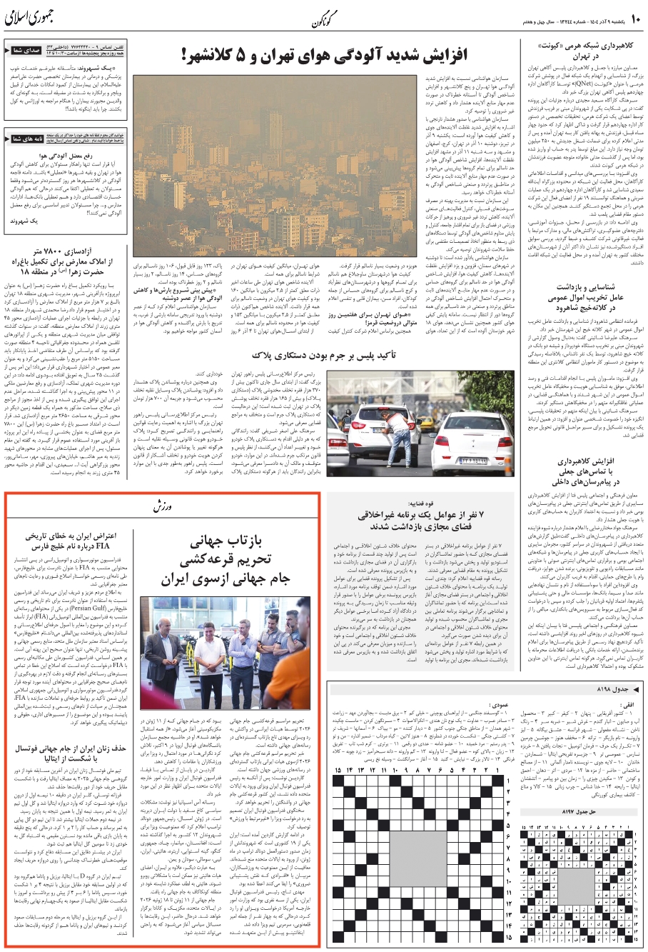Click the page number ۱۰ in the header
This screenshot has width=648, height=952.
click(634, 17)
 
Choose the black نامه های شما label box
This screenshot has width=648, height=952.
click(24, 139)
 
